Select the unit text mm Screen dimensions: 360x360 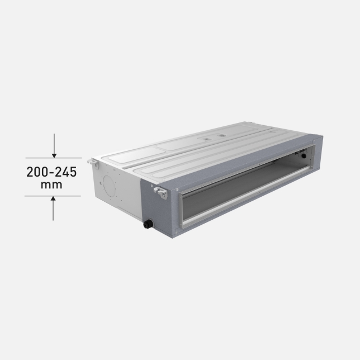(51, 185)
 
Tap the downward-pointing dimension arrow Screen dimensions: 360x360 (54, 146)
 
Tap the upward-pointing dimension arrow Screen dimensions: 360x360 (53, 209)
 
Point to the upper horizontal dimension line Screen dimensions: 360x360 (54, 158)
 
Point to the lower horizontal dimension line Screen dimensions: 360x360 (53, 196)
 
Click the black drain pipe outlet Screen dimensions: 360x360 (148, 224)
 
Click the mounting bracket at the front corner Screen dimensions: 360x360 (161, 192)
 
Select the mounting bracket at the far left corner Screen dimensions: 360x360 (93, 162)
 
